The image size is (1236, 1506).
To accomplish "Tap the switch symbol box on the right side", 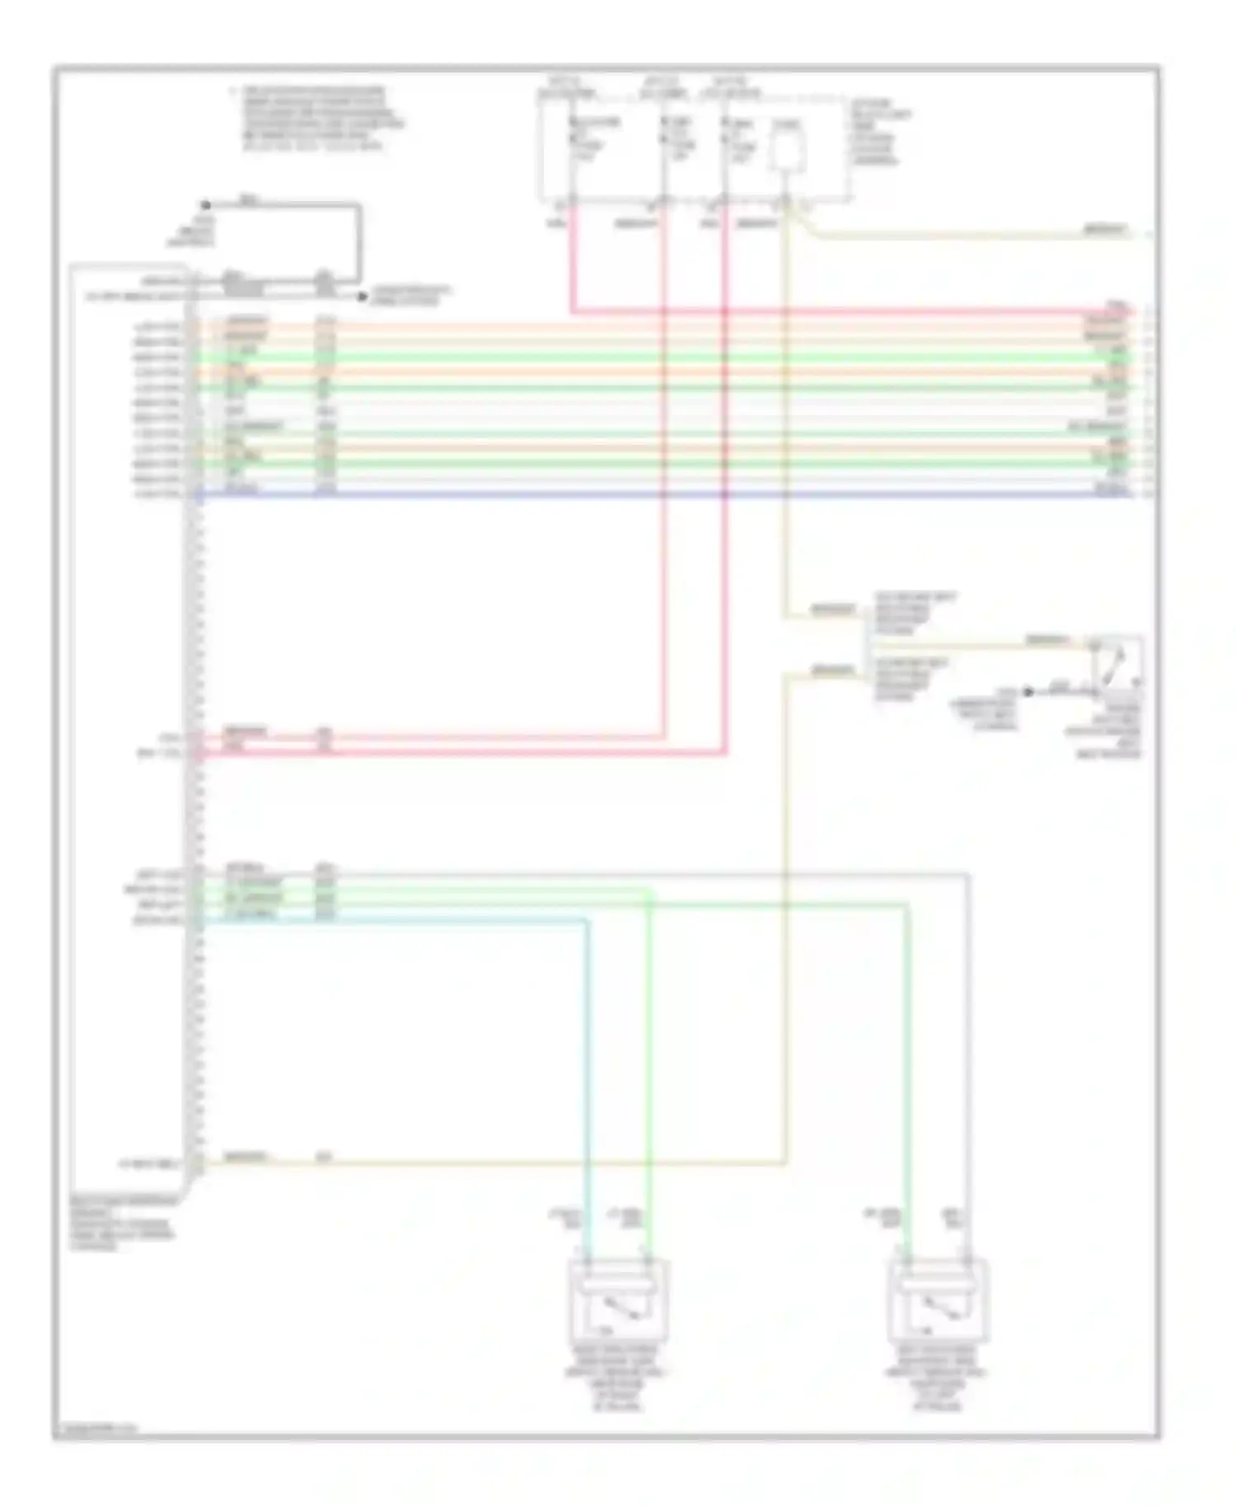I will tap(1117, 664).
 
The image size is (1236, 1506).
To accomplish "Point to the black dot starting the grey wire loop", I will tap(205, 205).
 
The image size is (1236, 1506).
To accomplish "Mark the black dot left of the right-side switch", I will tap(1028, 691).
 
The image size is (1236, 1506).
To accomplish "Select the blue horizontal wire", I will tap(659, 495).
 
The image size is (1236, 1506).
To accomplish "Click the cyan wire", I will tap(587, 1071).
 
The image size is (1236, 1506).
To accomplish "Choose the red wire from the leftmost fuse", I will tap(571, 264).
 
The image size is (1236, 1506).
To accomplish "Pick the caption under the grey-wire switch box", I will tap(938, 1377).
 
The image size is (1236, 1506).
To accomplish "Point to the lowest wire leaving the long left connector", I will tap(494, 1162).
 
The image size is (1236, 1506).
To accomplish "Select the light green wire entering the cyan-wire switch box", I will tap(649, 1071).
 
